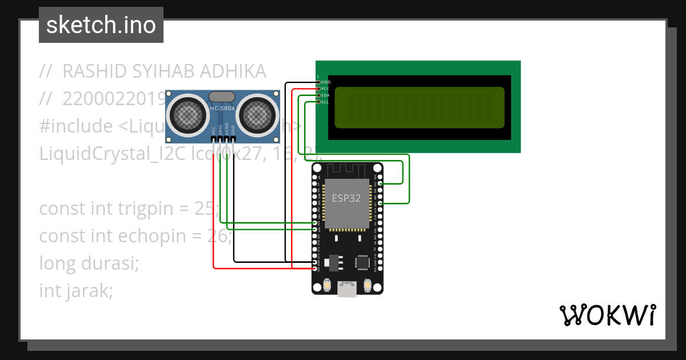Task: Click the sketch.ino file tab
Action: coord(101,25)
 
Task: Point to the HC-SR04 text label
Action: coord(222,109)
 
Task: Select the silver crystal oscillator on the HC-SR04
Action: coord(222,97)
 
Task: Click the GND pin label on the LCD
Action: coord(325,82)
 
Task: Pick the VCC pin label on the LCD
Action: coord(325,89)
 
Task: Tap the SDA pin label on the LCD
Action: coord(325,95)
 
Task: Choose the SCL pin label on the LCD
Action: coord(325,102)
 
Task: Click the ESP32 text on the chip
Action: coord(347,198)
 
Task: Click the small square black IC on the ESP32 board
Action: coord(362,262)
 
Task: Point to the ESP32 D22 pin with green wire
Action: coord(381,183)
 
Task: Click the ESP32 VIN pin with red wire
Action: coord(314,268)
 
